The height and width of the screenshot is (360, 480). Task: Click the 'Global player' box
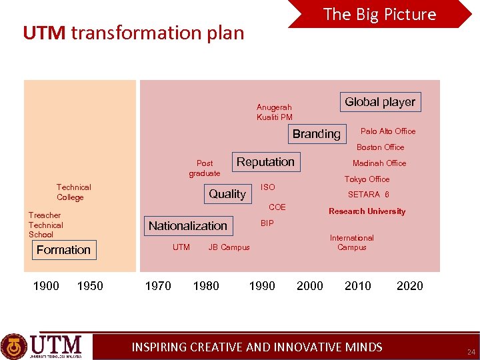tap(380, 102)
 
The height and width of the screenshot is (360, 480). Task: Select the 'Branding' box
tap(316, 134)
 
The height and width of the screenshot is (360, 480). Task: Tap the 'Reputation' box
tap(265, 162)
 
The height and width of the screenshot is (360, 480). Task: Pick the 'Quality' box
tap(227, 194)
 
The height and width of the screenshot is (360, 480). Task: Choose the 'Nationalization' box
tap(188, 226)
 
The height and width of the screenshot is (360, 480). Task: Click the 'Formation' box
tap(63, 250)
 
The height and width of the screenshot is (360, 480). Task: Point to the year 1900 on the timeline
tap(46, 286)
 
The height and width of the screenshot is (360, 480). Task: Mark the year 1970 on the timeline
tap(158, 286)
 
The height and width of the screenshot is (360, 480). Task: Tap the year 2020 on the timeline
tap(409, 286)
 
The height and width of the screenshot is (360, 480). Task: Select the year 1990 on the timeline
tap(261, 286)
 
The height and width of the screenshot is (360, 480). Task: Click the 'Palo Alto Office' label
tap(387, 131)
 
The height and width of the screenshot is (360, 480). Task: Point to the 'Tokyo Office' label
tap(367, 179)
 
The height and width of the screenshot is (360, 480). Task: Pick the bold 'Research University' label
tap(367, 211)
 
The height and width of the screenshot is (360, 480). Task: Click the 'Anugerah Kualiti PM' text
tap(274, 112)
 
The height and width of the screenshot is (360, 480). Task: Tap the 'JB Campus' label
tap(229, 247)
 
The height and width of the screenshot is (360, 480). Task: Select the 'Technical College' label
tap(73, 192)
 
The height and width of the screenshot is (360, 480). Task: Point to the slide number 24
tap(471, 351)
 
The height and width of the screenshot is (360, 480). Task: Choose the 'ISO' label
tap(267, 187)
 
